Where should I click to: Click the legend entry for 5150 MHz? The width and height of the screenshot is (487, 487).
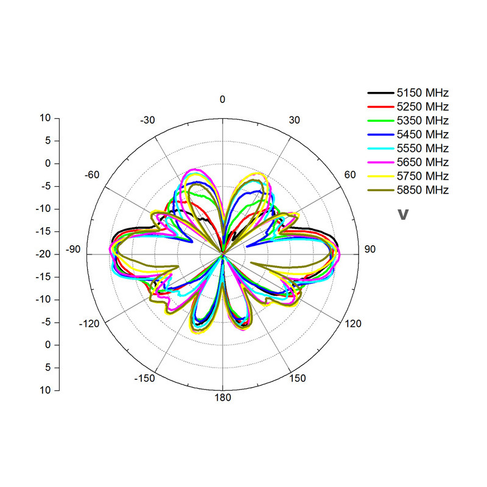(x=408, y=93)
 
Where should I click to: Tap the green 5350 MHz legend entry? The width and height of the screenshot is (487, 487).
(x=408, y=121)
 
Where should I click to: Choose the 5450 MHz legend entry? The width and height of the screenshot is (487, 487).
(x=408, y=135)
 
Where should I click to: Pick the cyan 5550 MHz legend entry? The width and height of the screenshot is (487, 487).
(x=408, y=148)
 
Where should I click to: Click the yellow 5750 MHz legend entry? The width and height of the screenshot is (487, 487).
(x=408, y=176)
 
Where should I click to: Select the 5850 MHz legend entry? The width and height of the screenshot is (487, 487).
(x=408, y=190)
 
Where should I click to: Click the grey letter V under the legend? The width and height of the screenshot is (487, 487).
(x=403, y=214)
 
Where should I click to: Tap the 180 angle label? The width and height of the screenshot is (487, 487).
(x=223, y=398)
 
